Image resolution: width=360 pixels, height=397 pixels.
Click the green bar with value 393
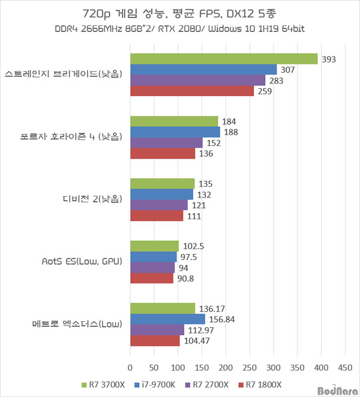224,58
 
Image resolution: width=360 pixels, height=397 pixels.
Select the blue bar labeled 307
203,69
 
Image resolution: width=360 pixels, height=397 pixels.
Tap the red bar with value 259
192,91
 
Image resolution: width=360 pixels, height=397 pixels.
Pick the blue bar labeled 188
175,132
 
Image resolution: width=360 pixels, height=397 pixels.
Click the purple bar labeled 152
166,142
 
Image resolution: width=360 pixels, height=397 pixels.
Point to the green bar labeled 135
163,183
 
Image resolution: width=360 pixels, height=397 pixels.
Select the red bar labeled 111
157,216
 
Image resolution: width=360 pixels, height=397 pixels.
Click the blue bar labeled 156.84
167,319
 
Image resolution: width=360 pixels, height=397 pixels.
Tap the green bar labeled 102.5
155,246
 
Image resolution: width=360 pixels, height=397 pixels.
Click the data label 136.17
214,308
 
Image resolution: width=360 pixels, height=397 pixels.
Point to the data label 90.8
188,279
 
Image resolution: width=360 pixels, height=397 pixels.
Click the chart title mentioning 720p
180,13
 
